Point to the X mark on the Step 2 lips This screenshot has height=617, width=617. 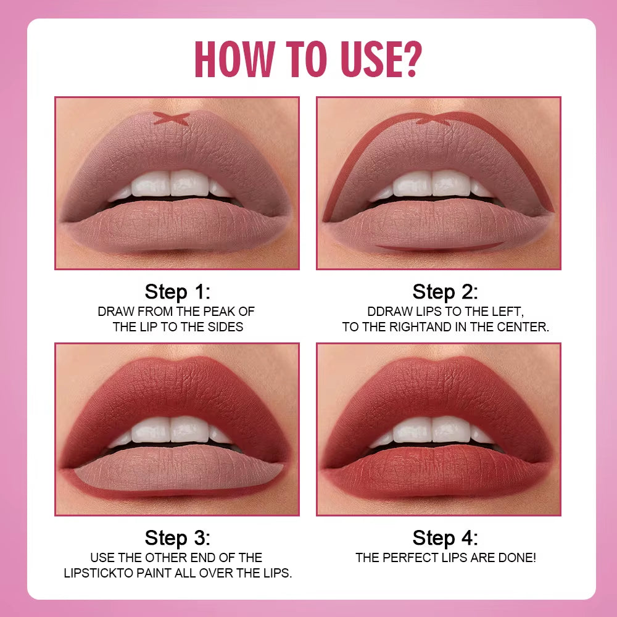coord(434,120)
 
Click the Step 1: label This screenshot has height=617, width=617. coord(178,291)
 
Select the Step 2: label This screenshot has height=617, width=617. coord(445,291)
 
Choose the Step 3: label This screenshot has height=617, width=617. coord(178,537)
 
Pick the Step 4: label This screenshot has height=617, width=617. coord(445,537)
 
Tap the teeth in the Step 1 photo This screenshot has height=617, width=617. coord(171,184)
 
